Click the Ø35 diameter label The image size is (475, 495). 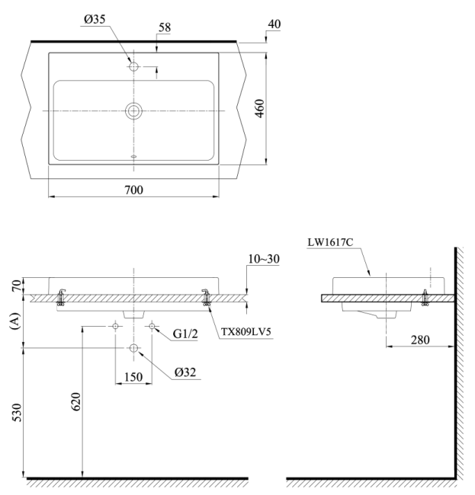click(x=95, y=20)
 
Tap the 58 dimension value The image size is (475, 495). click(x=165, y=27)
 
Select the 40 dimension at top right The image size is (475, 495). click(x=274, y=24)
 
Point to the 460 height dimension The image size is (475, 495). click(x=259, y=109)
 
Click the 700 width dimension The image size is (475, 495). click(x=133, y=190)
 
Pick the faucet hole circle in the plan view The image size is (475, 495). click(x=133, y=66)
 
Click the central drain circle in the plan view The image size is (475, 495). click(x=133, y=111)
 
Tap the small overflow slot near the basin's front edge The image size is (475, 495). click(x=133, y=156)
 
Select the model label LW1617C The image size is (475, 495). click(x=330, y=242)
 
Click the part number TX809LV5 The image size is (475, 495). click(x=246, y=332)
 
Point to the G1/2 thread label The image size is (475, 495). click(x=185, y=334)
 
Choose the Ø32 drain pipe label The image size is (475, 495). click(x=185, y=372)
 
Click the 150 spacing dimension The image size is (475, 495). click(x=133, y=377)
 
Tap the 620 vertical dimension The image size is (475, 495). click(x=76, y=401)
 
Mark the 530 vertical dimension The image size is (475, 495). click(x=17, y=412)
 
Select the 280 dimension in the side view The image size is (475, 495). click(x=420, y=340)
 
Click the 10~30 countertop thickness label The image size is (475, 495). click(x=264, y=259)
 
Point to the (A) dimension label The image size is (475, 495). click(x=15, y=321)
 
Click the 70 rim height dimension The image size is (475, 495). click(x=18, y=286)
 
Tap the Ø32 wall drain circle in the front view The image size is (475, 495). click(x=133, y=348)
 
